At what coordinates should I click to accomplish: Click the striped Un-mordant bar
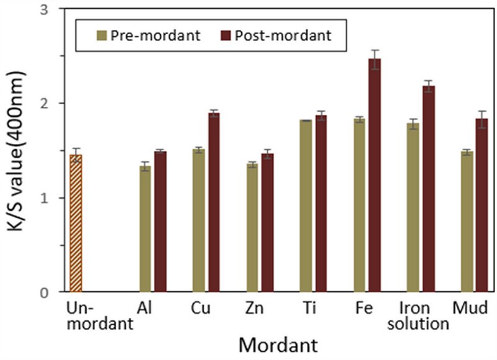pyautogui.click(x=76, y=223)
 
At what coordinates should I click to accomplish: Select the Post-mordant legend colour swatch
pyautogui.click(x=226, y=35)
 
